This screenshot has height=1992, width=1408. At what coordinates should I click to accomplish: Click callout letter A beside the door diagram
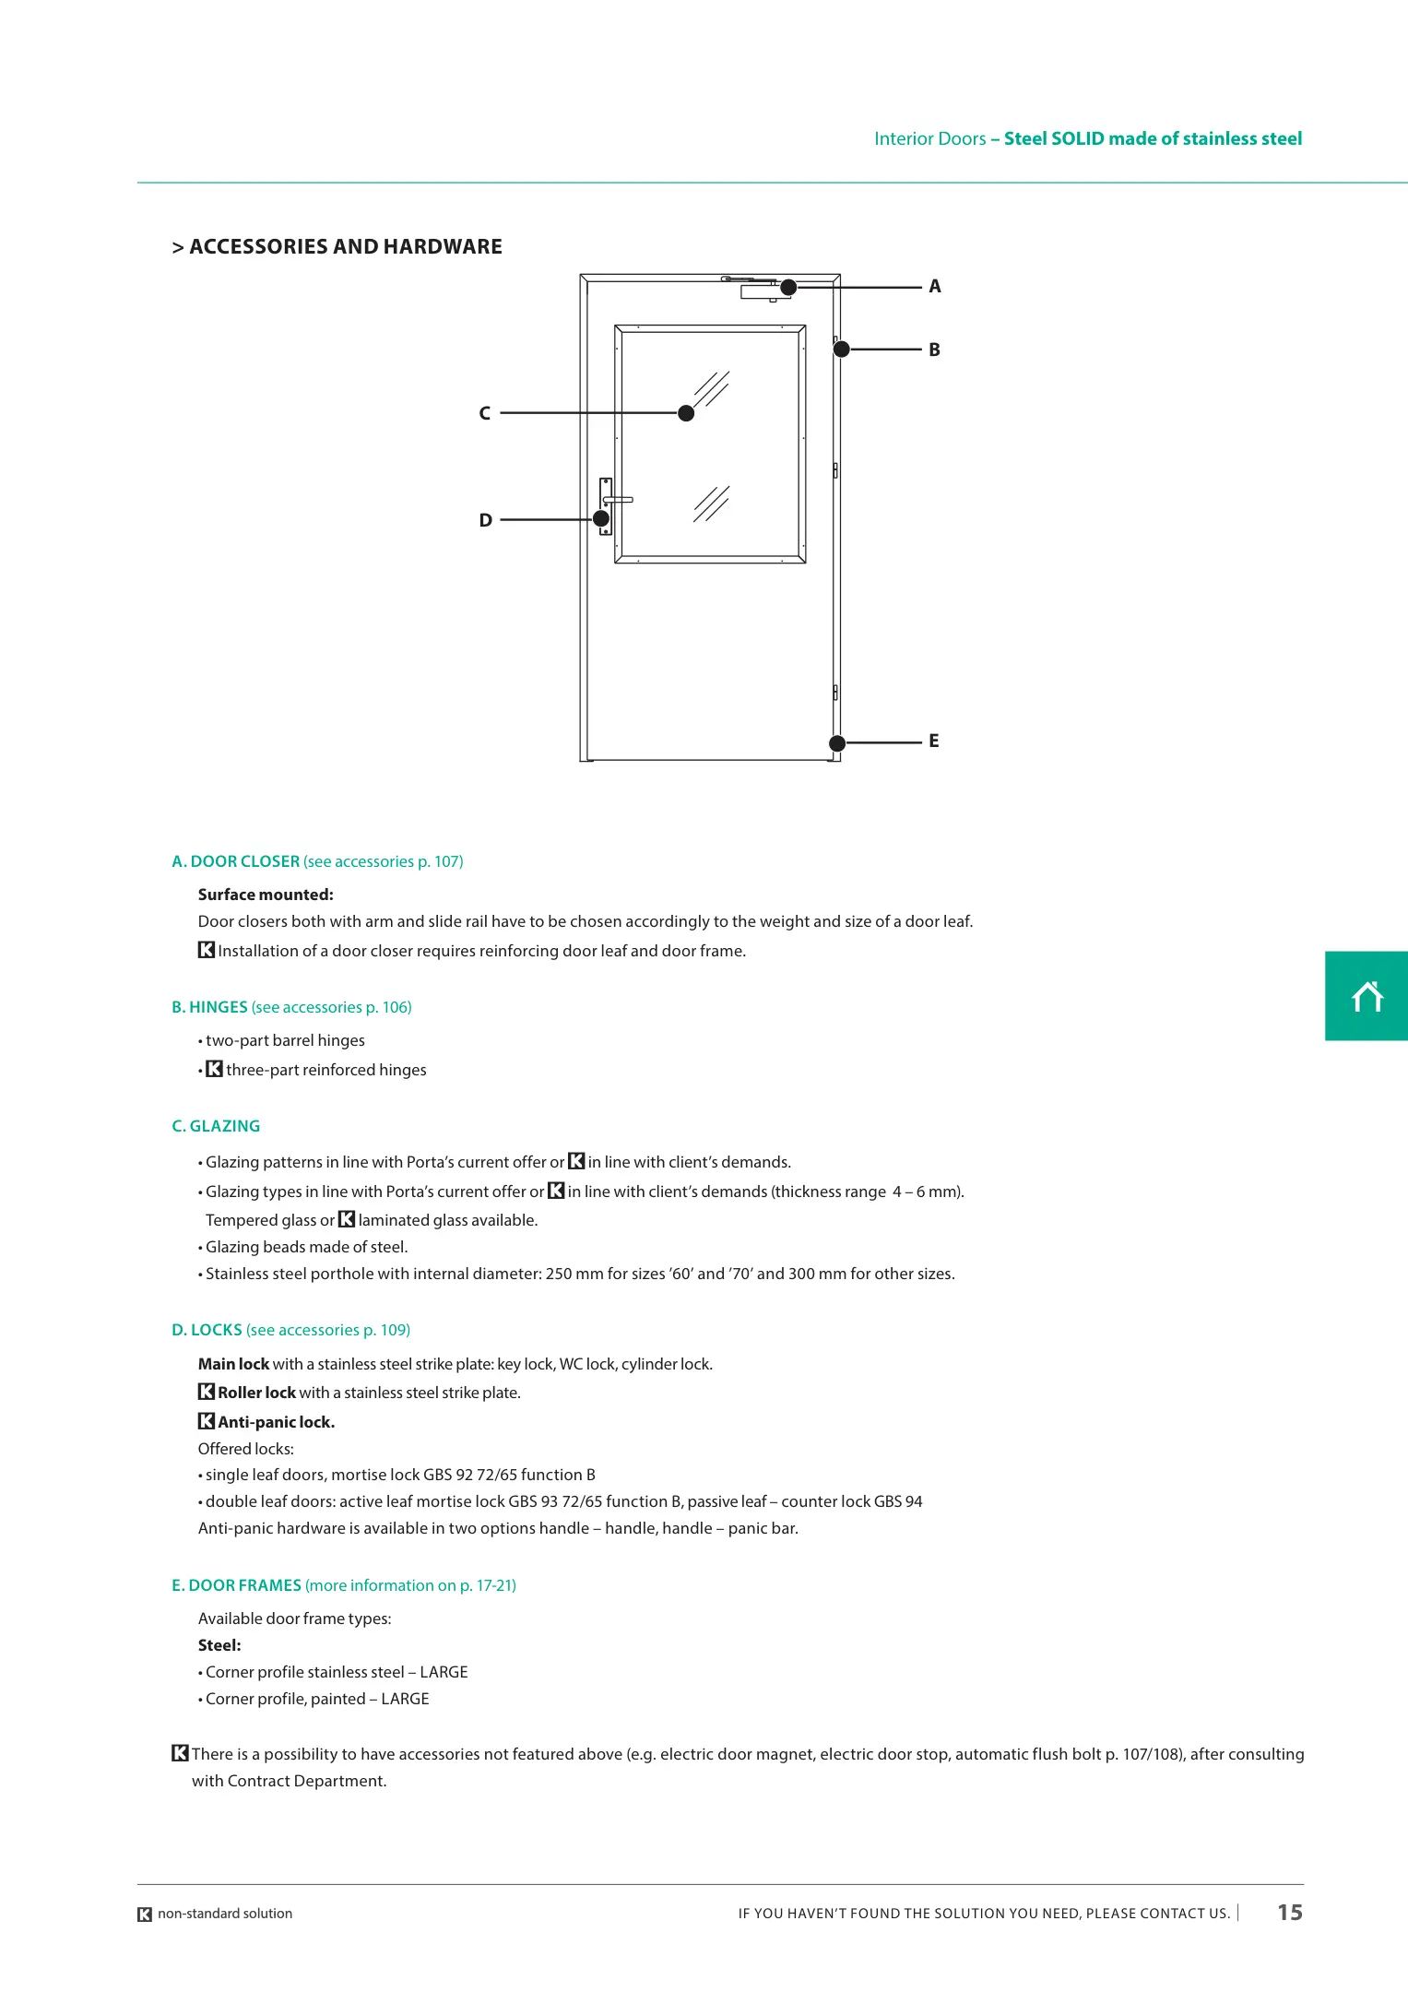click(935, 287)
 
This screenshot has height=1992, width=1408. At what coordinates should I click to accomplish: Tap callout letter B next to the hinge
click(934, 350)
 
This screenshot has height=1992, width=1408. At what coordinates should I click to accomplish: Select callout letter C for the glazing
click(484, 414)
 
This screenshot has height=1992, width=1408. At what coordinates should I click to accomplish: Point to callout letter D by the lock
click(485, 521)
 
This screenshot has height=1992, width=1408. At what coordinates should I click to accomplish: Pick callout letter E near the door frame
click(934, 741)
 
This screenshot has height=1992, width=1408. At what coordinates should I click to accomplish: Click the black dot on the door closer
click(788, 288)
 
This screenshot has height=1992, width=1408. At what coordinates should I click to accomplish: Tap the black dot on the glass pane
click(686, 413)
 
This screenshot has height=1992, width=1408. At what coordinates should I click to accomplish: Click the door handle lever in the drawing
click(620, 500)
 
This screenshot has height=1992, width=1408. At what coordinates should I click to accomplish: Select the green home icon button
click(1367, 996)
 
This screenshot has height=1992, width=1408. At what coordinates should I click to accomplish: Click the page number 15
click(1289, 1913)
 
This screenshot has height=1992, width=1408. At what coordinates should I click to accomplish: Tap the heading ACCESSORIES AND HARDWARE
click(346, 247)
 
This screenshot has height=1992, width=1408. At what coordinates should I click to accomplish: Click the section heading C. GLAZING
click(216, 1126)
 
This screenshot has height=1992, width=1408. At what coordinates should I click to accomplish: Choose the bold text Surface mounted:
click(266, 895)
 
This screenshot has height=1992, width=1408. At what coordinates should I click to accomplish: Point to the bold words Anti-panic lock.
click(276, 1422)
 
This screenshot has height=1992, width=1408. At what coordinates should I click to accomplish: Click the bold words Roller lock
click(256, 1393)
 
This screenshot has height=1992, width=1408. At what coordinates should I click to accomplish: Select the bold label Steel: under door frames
click(219, 1645)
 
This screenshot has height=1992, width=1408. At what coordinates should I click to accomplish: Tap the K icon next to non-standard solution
click(145, 1915)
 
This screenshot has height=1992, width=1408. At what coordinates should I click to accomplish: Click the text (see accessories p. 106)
click(331, 1007)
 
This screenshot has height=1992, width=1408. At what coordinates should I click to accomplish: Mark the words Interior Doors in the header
click(929, 139)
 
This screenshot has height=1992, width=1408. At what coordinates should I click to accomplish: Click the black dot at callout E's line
click(837, 743)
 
